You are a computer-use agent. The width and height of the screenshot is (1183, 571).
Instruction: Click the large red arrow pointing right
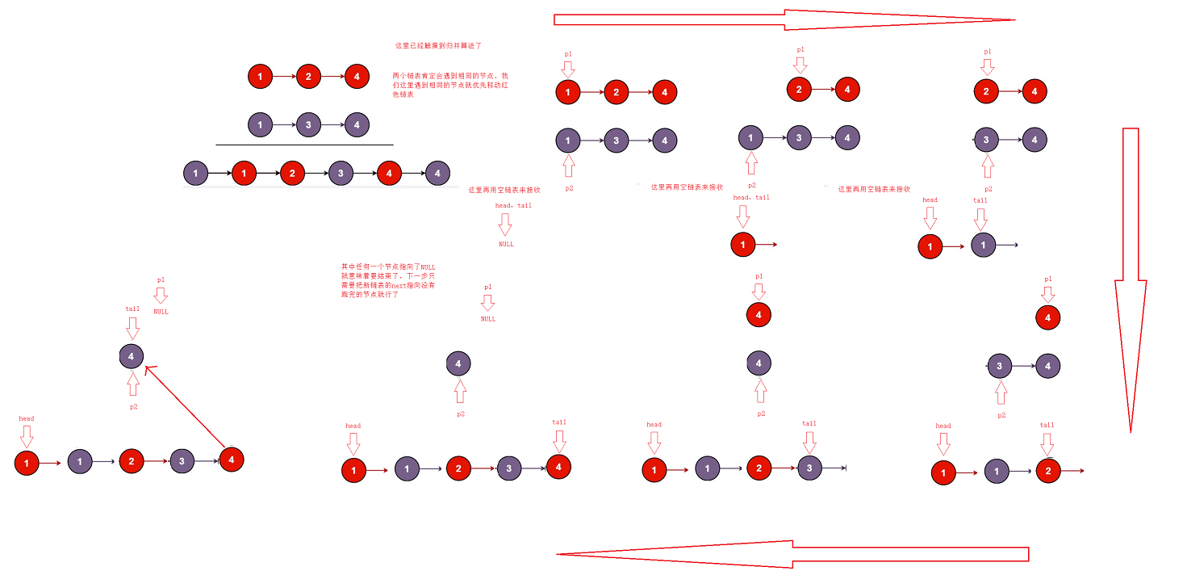pyautogui.click(x=783, y=19)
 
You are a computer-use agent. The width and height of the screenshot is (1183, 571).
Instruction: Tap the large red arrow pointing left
pyautogui.click(x=791, y=554)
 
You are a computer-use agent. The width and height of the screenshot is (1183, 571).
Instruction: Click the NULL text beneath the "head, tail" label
pyautogui.click(x=506, y=244)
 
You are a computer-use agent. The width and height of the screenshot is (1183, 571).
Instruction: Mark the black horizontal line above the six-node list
pyautogui.click(x=304, y=145)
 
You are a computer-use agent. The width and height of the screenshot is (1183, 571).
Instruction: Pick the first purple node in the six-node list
pyautogui.click(x=195, y=174)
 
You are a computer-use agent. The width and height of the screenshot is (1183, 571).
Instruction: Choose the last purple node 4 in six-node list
pyautogui.click(x=437, y=174)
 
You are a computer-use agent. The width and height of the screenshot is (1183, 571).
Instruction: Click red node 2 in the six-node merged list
pyautogui.click(x=292, y=174)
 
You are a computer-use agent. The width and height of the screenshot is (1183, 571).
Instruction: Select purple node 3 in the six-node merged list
pyautogui.click(x=341, y=174)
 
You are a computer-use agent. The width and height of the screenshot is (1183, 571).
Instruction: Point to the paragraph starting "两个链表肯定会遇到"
pyautogui.click(x=449, y=85)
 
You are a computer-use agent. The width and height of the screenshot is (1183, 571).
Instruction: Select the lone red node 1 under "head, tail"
pyautogui.click(x=742, y=244)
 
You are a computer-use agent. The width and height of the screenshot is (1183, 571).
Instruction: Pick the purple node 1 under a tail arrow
pyautogui.click(x=983, y=244)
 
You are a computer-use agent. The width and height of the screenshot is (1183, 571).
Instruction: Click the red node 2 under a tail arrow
pyautogui.click(x=1047, y=470)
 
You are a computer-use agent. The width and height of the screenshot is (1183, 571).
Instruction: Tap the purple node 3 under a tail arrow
pyautogui.click(x=809, y=468)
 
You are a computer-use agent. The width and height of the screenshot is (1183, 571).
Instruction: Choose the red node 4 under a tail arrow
pyautogui.click(x=558, y=467)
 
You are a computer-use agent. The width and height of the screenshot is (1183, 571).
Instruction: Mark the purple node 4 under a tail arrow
pyautogui.click(x=132, y=355)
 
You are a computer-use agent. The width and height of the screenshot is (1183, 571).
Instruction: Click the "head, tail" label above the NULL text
pyautogui.click(x=513, y=206)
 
